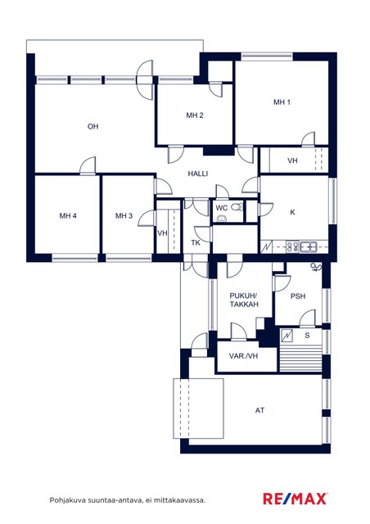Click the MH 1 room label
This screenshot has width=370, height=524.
click(x=282, y=102)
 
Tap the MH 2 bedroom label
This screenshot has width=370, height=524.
click(x=195, y=115)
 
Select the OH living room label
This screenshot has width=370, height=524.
click(x=93, y=126)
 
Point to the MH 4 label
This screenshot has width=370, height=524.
click(x=68, y=216)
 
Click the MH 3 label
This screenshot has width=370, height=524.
click(x=124, y=216)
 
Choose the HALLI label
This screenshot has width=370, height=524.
click(x=198, y=174)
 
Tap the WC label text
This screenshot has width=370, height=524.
click(x=222, y=208)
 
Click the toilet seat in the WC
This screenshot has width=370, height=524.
click(x=237, y=207)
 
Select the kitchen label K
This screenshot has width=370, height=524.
click(x=292, y=212)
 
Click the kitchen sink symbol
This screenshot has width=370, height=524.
click(x=308, y=247)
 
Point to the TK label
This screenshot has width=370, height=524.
click(x=196, y=242)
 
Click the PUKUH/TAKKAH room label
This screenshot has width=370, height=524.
click(x=244, y=300)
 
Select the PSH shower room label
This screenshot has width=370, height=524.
click(x=298, y=296)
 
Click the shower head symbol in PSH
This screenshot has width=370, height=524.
click(x=315, y=267)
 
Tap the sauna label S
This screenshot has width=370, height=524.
click(x=308, y=335)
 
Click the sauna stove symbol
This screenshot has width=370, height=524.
click(x=287, y=336)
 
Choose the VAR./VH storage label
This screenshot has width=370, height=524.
click(x=243, y=356)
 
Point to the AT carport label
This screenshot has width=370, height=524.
click(x=259, y=410)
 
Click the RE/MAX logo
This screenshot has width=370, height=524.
click(x=296, y=499)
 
